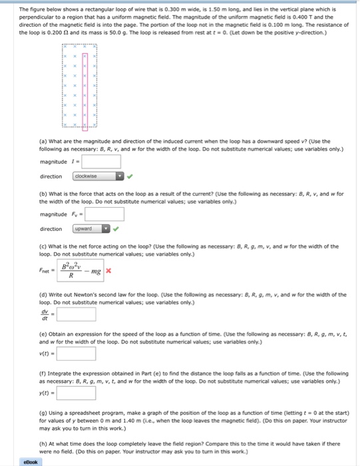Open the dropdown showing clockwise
98,176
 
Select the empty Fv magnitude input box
105,214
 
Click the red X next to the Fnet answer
108,271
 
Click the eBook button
30,461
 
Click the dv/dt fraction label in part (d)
45,314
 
